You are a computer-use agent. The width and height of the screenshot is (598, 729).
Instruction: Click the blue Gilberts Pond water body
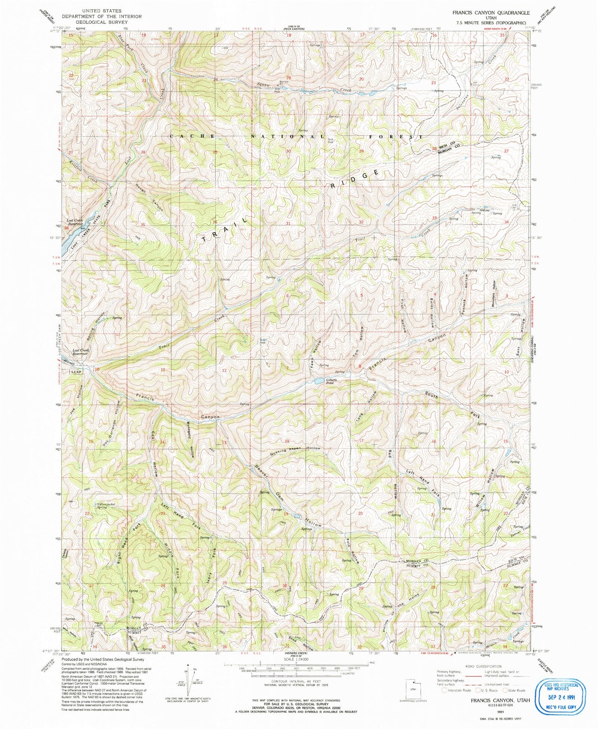(x=319, y=381)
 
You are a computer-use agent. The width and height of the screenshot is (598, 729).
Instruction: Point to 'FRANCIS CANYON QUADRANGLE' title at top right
(x=490, y=13)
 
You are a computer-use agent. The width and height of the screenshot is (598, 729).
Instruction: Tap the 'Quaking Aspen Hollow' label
(x=289, y=449)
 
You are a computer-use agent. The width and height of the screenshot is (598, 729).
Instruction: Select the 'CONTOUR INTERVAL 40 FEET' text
(x=296, y=681)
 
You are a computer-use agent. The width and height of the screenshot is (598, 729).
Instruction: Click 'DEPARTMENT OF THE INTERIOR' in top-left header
(x=102, y=17)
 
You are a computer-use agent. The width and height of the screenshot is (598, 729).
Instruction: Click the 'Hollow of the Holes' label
(x=402, y=610)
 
